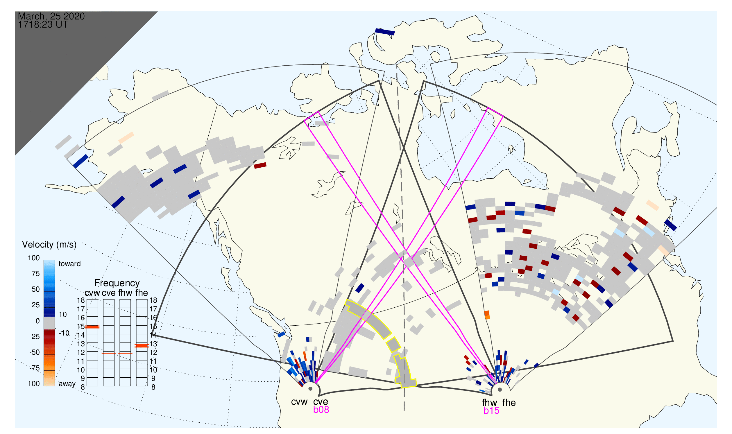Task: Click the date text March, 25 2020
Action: [51, 16]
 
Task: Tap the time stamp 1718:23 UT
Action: [43, 25]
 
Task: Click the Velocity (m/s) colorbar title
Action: [49, 245]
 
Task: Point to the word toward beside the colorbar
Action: [70, 264]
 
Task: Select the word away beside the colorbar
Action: [67, 384]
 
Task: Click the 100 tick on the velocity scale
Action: [34, 258]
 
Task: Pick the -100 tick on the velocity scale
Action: [33, 384]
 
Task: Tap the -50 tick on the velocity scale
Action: [34, 352]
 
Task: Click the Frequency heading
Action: [117, 283]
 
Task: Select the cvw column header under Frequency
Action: [92, 293]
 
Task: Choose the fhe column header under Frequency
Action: [142, 293]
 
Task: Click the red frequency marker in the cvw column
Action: [92, 327]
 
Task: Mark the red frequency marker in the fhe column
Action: [142, 346]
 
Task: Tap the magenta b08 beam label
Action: [321, 410]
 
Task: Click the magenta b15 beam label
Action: [491, 410]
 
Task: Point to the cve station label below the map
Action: [321, 402]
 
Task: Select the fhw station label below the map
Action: [489, 403]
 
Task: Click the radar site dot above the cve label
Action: [311, 389]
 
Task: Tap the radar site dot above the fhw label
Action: [500, 390]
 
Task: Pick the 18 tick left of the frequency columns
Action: [81, 300]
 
